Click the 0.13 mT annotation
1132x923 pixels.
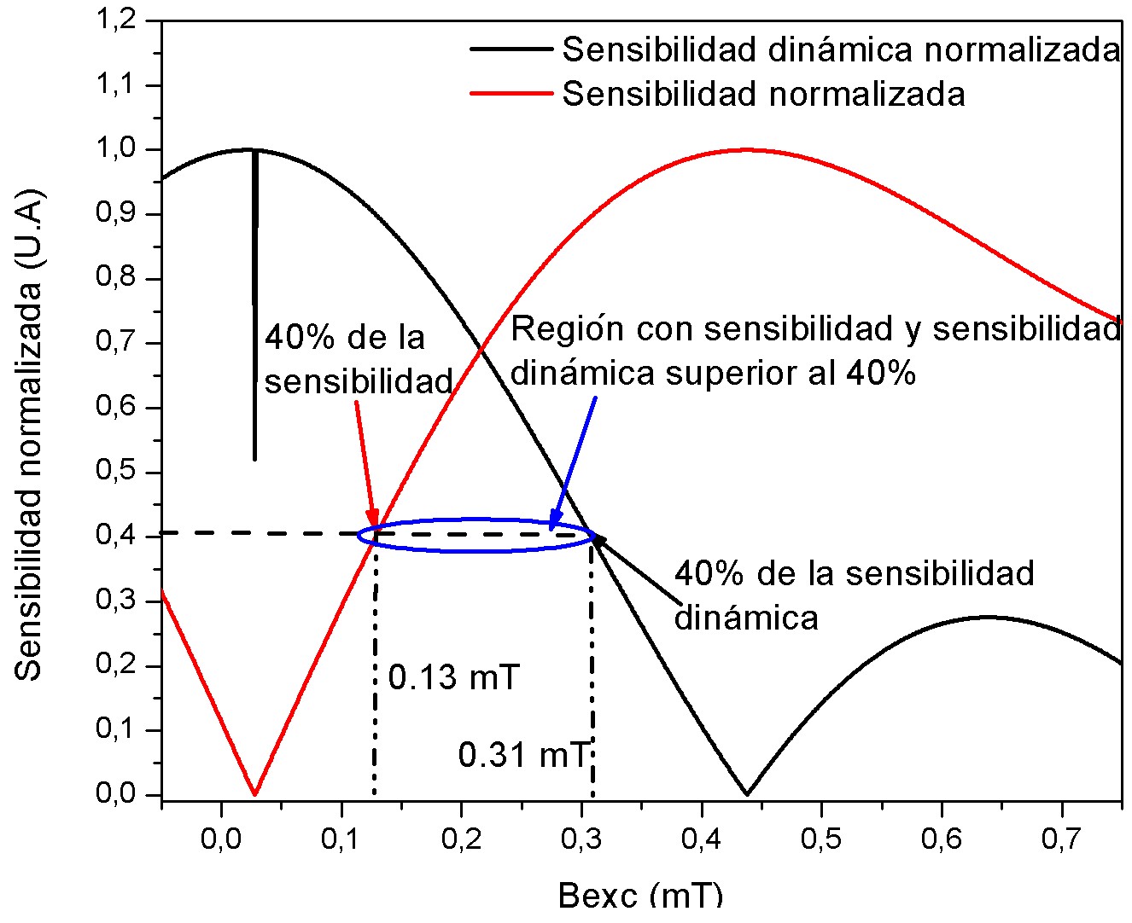[x=453, y=678]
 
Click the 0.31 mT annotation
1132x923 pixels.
[x=523, y=755]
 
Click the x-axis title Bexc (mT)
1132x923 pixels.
[x=640, y=896]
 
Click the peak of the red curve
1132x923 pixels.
[x=747, y=149]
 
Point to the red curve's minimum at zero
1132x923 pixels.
[x=255, y=793]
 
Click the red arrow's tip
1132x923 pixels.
[x=374, y=527]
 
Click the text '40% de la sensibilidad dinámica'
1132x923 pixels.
[x=854, y=595]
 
